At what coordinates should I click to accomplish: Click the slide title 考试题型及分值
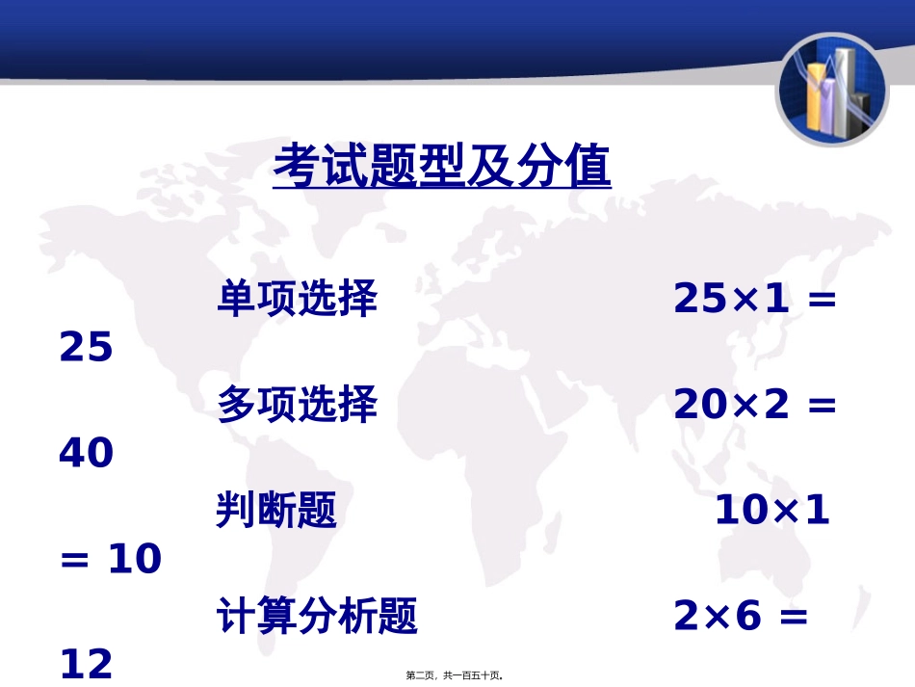pyautogui.click(x=442, y=168)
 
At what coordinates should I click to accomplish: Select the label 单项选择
pyautogui.click(x=297, y=300)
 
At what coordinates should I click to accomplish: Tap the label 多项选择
pyautogui.click(x=297, y=406)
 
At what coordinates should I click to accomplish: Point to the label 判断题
pyautogui.click(x=276, y=511)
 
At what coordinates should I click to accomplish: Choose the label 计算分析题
pyautogui.click(x=317, y=617)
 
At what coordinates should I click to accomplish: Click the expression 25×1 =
pyautogui.click(x=754, y=300)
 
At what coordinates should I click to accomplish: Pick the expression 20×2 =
pyautogui.click(x=754, y=406)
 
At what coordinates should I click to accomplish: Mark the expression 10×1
pyautogui.click(x=771, y=511)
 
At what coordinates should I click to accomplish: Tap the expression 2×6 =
pyautogui.click(x=741, y=617)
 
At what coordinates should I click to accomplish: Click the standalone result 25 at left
pyautogui.click(x=87, y=348)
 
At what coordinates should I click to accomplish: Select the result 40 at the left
pyautogui.click(x=87, y=454)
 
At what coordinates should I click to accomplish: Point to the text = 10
pyautogui.click(x=111, y=559)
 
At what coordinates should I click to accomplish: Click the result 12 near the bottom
pyautogui.click(x=87, y=663)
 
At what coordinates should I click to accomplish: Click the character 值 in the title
pyautogui.click(x=587, y=168)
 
